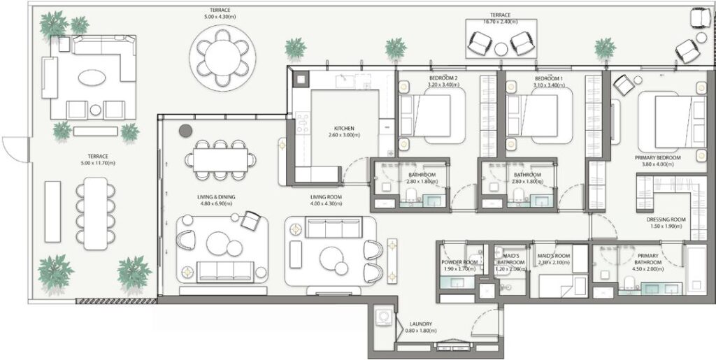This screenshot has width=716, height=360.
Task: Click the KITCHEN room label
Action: tap(343, 129)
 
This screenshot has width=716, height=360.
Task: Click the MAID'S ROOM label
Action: tap(553, 257)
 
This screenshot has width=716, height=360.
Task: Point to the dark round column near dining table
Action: tap(185, 130)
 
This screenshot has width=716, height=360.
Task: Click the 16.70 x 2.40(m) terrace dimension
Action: tap(500, 22)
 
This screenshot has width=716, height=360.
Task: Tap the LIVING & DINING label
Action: tap(216, 197)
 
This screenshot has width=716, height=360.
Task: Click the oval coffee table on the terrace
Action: tap(94, 79)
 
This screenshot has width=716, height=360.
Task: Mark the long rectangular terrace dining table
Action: tap(96, 213)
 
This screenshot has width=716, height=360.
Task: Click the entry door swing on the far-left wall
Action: tap(14, 147)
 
